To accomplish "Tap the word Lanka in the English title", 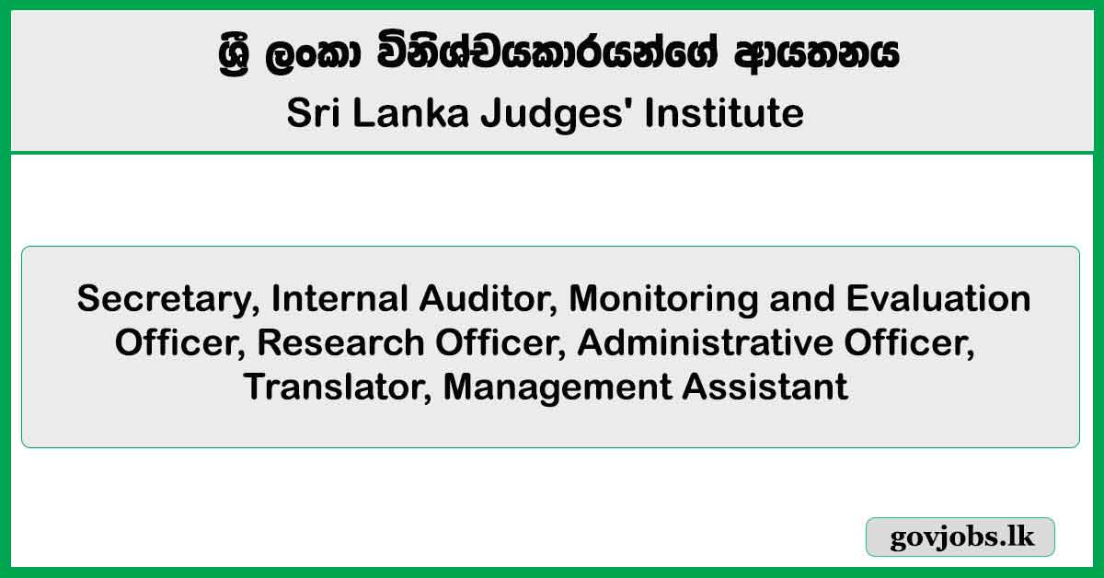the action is click(410, 113).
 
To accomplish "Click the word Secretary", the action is click(168, 300).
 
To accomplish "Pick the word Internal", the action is click(339, 298).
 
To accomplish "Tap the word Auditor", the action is click(488, 299).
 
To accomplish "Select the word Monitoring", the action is click(663, 300).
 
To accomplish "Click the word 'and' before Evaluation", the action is click(802, 298).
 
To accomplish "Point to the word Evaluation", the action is click(938, 298).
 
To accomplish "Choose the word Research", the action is click(340, 342).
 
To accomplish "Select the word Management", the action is click(557, 388).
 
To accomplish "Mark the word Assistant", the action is click(765, 387).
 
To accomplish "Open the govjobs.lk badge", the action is click(960, 537).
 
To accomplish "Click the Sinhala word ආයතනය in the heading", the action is click(816, 53).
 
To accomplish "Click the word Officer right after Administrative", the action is click(909, 343).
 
